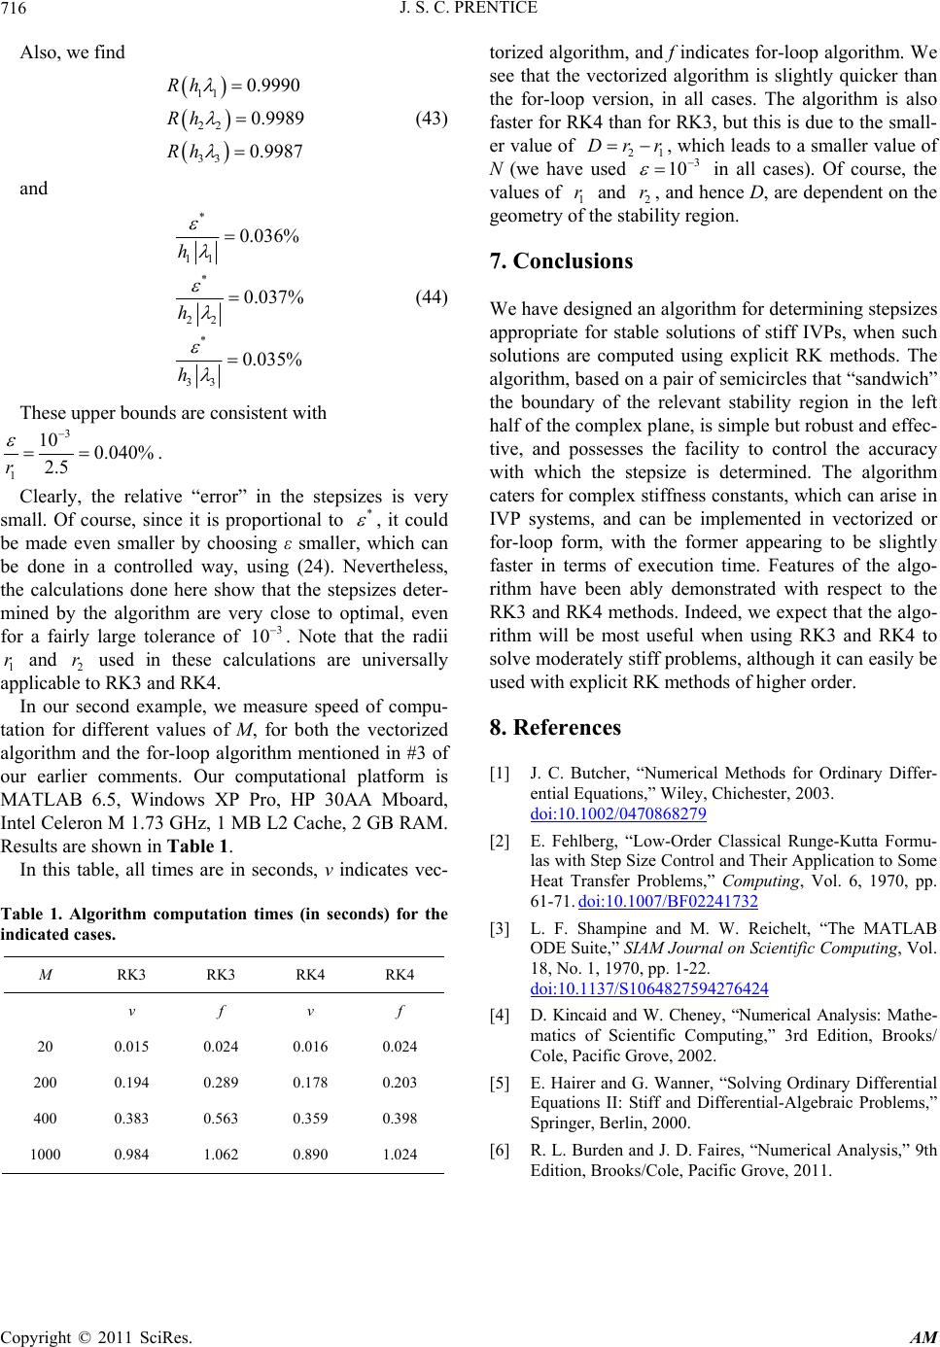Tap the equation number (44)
click(430, 297)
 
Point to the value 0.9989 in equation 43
click(278, 119)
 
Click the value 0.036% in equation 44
click(271, 234)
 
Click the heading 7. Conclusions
click(561, 261)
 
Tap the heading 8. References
click(555, 727)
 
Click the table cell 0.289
click(223, 1082)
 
